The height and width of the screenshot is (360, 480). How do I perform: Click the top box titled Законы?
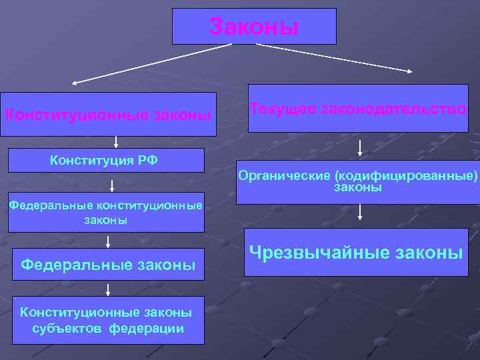pos(254,27)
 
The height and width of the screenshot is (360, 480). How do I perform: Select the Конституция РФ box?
pos(106,161)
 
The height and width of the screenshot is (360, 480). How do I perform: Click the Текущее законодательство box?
pos(358,108)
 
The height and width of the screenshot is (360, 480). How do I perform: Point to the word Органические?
pos(285,176)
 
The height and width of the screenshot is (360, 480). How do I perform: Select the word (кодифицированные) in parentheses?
pos(406,176)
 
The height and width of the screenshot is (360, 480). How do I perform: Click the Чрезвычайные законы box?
pos(356,252)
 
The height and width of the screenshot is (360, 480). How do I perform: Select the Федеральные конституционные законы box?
pos(106,213)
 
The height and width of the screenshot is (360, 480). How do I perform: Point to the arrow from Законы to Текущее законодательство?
pos(323,58)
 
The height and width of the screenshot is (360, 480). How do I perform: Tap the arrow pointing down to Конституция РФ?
pos(116,141)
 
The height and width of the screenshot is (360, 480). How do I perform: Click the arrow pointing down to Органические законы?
pos(360,147)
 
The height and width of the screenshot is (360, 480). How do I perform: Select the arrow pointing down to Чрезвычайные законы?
pos(360,212)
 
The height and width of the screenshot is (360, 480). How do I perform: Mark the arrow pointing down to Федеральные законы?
pos(108,241)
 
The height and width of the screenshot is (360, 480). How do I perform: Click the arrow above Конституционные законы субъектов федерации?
pos(108,288)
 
